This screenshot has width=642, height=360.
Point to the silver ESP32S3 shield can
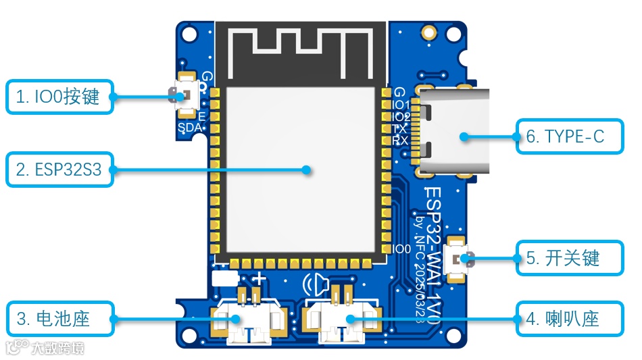click(x=300, y=169)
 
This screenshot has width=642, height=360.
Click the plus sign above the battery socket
click(x=259, y=278)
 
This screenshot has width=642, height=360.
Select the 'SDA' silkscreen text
click(x=189, y=128)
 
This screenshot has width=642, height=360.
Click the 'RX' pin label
click(x=400, y=140)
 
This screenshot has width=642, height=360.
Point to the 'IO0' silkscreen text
click(x=401, y=249)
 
